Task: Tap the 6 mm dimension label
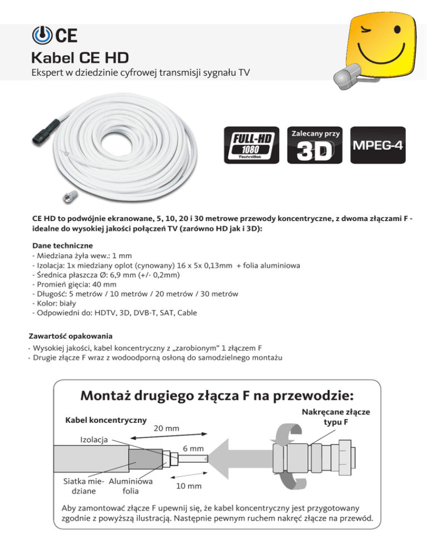click(193, 449)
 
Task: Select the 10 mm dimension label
click(189, 486)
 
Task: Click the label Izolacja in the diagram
click(95, 439)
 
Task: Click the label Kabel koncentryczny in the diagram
click(106, 419)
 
